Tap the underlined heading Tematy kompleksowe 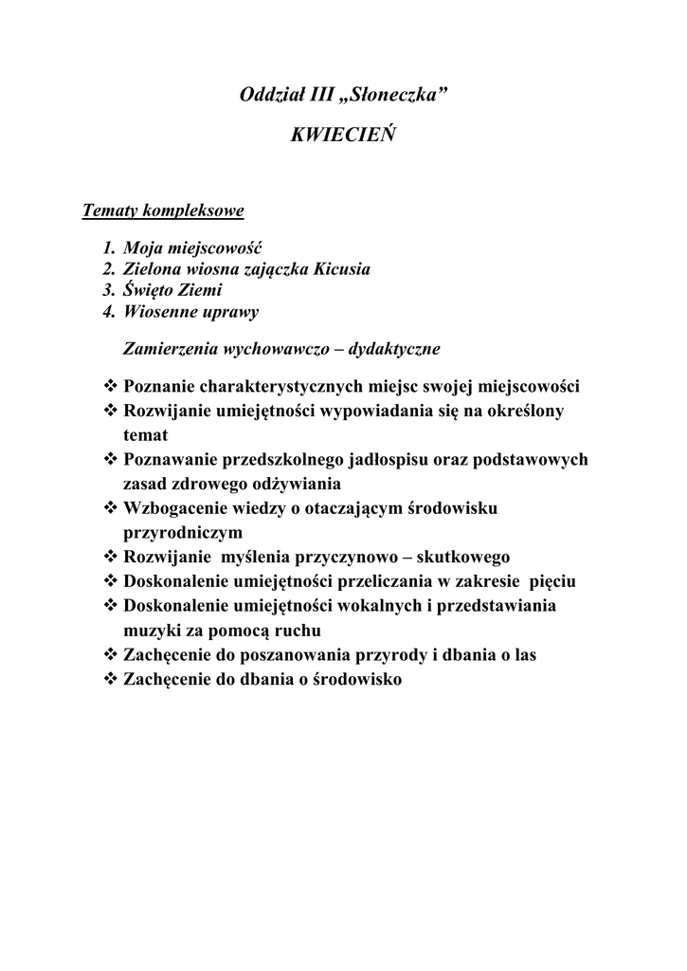click(163, 210)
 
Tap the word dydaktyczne click(394, 349)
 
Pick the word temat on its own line click(145, 435)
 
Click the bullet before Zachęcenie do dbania click(109, 679)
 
